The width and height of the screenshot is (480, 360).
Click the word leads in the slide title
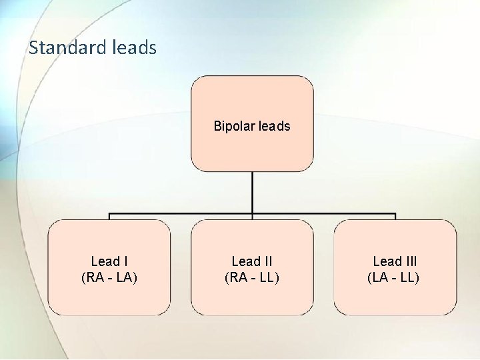[x=135, y=48]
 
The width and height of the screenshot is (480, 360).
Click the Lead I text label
[x=109, y=261]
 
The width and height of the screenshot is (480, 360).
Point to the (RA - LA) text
[x=109, y=277]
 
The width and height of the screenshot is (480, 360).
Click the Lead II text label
[x=252, y=261]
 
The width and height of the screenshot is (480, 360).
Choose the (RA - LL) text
[x=252, y=277]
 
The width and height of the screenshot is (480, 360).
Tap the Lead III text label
[x=395, y=261]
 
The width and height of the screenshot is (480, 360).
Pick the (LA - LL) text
[x=394, y=277]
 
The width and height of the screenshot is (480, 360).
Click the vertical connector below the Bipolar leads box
[x=252, y=193]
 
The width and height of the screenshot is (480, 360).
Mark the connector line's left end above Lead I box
[x=110, y=215]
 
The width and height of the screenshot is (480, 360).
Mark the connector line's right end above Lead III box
[x=395, y=215]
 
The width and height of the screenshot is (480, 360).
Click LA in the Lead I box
[x=123, y=277]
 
